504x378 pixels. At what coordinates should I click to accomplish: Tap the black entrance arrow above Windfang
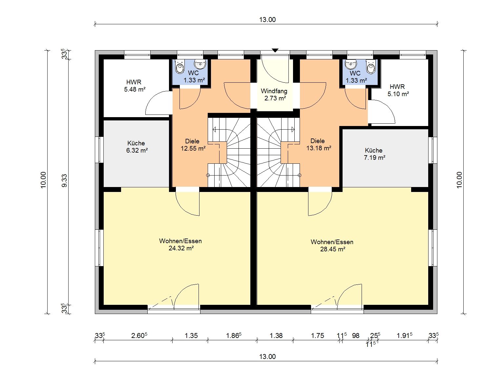275,51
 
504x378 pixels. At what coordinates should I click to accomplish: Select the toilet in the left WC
180,67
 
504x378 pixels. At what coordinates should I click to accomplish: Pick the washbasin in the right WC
351,64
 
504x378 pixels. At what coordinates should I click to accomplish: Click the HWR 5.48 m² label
135,86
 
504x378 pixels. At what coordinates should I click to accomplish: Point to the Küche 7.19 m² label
374,154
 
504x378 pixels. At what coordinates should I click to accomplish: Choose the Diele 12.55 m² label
193,145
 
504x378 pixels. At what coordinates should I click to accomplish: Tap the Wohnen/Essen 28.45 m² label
332,245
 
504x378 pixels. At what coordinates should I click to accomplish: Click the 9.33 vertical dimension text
65,180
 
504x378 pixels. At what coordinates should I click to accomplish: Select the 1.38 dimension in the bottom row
276,336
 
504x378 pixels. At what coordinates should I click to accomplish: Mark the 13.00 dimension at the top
267,19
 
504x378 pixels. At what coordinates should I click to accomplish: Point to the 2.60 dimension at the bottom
139,335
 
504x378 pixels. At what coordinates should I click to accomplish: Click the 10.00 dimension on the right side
459,180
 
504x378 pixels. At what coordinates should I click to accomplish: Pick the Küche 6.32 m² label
136,147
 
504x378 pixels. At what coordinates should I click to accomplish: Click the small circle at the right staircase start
300,175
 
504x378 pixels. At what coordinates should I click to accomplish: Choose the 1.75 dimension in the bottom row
317,336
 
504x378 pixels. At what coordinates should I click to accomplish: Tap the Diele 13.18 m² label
319,144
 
